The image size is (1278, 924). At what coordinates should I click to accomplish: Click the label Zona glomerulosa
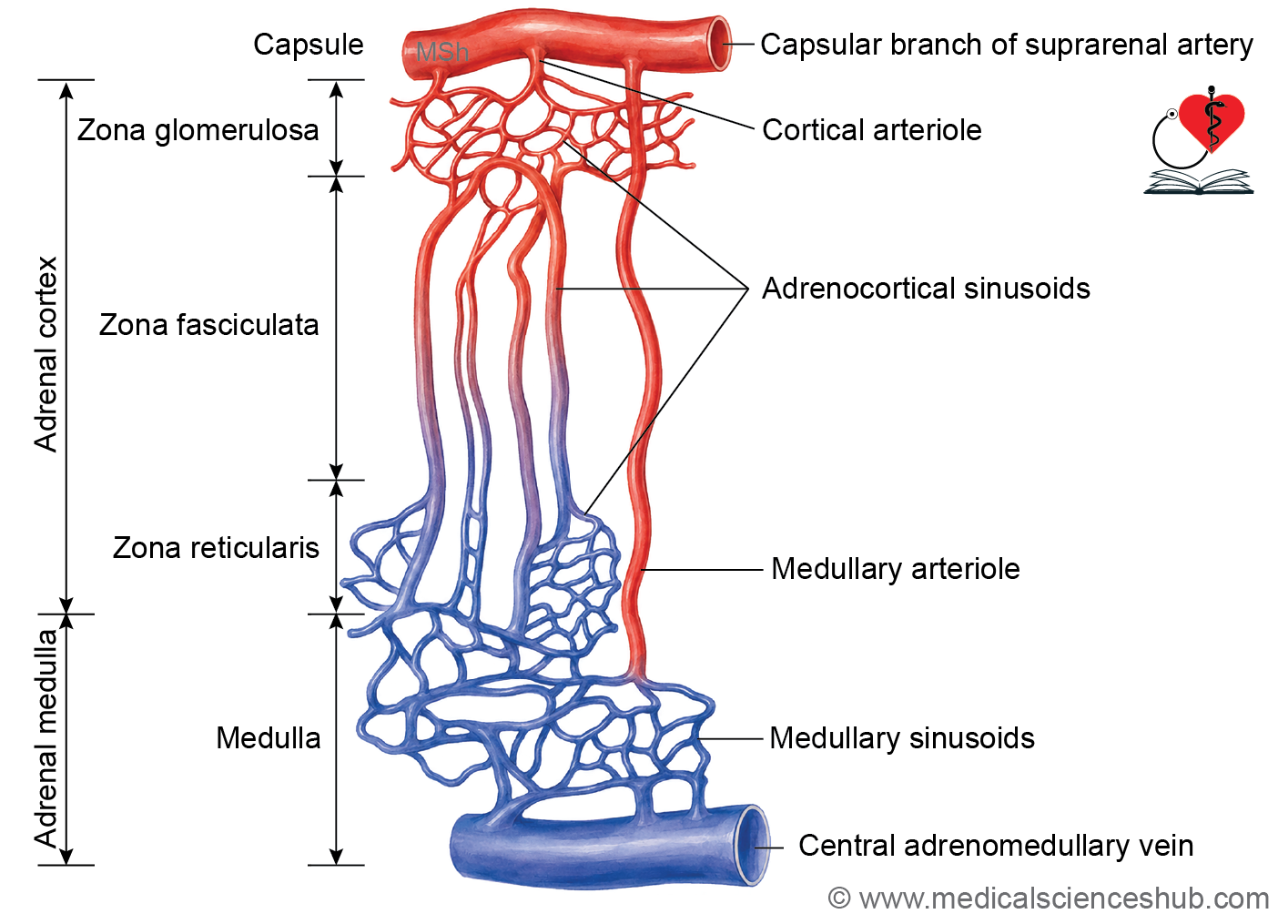[198, 130]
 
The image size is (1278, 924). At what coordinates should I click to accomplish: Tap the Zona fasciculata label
[208, 325]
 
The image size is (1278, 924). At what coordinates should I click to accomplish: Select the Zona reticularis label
[216, 548]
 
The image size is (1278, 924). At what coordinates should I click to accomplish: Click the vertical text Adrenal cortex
[46, 354]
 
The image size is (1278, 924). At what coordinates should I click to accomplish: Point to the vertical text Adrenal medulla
[46, 739]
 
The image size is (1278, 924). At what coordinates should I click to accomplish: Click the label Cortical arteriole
[872, 130]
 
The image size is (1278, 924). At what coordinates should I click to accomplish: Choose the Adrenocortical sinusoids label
[926, 289]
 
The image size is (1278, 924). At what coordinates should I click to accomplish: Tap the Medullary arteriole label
[895, 569]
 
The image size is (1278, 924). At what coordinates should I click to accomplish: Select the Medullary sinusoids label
[902, 738]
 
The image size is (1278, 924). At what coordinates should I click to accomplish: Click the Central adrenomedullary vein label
[996, 845]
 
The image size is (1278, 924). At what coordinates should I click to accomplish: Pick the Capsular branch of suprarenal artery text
[1007, 45]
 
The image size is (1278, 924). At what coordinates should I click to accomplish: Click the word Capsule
[308, 45]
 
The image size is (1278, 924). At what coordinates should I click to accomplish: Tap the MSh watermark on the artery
[442, 52]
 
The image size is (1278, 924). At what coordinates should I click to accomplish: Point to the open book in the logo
[1198, 181]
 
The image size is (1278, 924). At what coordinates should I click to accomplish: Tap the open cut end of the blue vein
[754, 845]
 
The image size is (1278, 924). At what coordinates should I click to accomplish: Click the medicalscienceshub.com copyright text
[1048, 899]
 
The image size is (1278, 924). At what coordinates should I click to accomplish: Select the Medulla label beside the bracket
[269, 738]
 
